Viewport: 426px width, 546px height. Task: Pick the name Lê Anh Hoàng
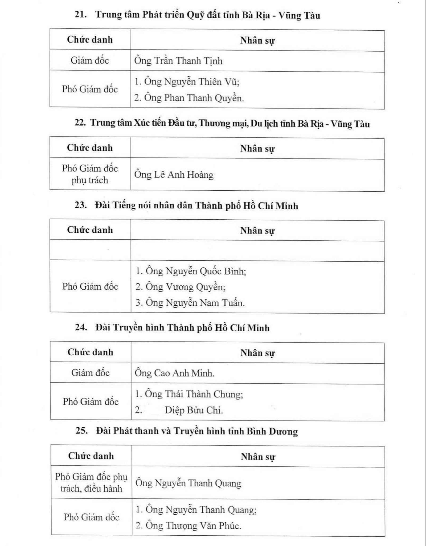tap(174, 175)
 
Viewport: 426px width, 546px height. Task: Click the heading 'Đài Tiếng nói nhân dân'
tap(196, 206)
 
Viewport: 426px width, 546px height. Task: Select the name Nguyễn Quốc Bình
tap(191, 271)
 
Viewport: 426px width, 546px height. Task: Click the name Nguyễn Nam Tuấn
tap(190, 303)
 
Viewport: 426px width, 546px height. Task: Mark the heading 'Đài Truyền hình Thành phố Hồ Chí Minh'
tap(182, 327)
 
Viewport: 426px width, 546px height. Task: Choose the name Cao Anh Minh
tap(174, 373)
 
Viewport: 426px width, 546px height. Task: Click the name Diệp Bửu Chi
tap(193, 410)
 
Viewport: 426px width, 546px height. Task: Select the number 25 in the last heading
tap(81, 430)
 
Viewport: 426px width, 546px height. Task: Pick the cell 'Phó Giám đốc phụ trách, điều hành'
tap(91, 483)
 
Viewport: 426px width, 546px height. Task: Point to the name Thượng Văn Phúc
tap(188, 526)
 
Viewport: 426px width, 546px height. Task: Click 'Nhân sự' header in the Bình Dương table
tap(258, 457)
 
